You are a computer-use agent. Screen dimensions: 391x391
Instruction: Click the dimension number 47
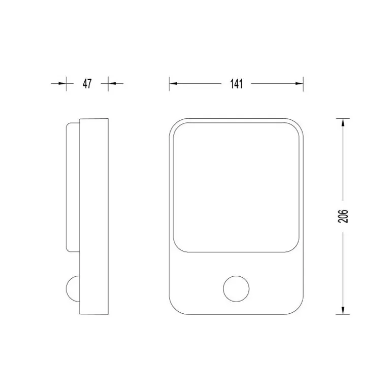[x=87, y=84]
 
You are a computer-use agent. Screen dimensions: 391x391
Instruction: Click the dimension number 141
[x=236, y=84]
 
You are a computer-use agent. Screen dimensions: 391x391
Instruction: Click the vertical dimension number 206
[x=343, y=216]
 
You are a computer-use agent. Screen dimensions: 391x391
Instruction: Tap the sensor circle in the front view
[x=236, y=289]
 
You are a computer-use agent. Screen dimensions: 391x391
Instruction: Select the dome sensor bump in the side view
[x=73, y=289]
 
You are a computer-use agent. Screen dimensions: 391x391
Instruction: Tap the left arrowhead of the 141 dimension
[x=173, y=83]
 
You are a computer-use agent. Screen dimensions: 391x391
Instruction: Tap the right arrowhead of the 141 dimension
[x=299, y=83]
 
